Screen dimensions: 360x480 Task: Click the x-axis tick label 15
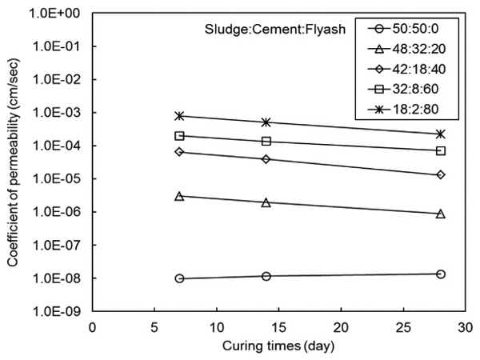[216, 329]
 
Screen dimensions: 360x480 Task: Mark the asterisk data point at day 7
[180, 116]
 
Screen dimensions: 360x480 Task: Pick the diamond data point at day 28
[440, 174]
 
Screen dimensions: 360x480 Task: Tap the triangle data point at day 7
[180, 196]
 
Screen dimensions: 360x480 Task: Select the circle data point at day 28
[440, 274]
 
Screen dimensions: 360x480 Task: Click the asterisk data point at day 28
[440, 134]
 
